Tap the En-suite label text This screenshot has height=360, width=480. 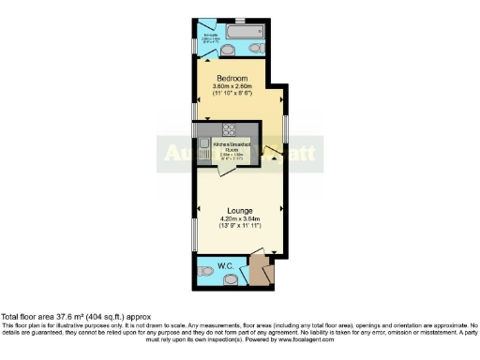(x=208, y=34)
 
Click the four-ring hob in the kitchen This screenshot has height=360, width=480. (x=228, y=130)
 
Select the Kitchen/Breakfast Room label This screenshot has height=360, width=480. (x=228, y=142)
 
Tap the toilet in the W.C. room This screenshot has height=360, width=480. (x=206, y=273)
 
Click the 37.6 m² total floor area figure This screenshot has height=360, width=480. (x=71, y=317)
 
